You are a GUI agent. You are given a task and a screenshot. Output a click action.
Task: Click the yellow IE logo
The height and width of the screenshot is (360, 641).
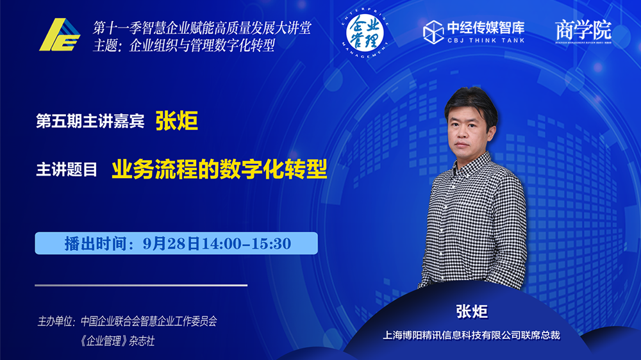[60, 35]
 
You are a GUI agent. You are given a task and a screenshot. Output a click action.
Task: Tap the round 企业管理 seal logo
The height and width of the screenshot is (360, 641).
[365, 33]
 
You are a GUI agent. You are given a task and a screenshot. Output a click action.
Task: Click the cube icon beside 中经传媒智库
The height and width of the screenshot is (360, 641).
[433, 32]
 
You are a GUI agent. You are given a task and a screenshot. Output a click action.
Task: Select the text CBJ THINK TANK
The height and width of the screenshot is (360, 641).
[486, 40]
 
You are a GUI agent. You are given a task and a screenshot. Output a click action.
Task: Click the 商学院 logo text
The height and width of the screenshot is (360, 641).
[583, 31]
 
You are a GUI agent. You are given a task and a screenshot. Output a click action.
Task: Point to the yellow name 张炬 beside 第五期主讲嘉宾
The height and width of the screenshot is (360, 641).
[177, 121]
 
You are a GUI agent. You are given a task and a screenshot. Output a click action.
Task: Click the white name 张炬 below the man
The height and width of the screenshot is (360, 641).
[472, 312]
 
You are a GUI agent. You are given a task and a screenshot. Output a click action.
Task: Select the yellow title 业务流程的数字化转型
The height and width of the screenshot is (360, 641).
[219, 169]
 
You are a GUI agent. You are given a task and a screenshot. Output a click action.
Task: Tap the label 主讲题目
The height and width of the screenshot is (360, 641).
[67, 170]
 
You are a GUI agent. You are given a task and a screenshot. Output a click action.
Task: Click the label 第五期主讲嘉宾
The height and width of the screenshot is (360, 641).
[90, 121]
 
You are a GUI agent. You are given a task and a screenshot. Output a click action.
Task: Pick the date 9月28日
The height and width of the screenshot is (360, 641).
[171, 243]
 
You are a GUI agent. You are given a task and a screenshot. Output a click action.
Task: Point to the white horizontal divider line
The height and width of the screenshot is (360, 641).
[141, 285]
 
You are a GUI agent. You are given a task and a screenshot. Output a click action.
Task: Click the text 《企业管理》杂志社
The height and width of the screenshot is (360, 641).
[117, 341]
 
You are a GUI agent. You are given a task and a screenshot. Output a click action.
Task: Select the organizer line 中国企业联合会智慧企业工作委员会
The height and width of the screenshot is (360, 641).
[149, 321]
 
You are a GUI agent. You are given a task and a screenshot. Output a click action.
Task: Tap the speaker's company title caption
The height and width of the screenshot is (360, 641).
[471, 336]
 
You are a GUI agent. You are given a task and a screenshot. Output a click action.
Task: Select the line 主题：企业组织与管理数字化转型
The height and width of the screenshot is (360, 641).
[184, 45]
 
